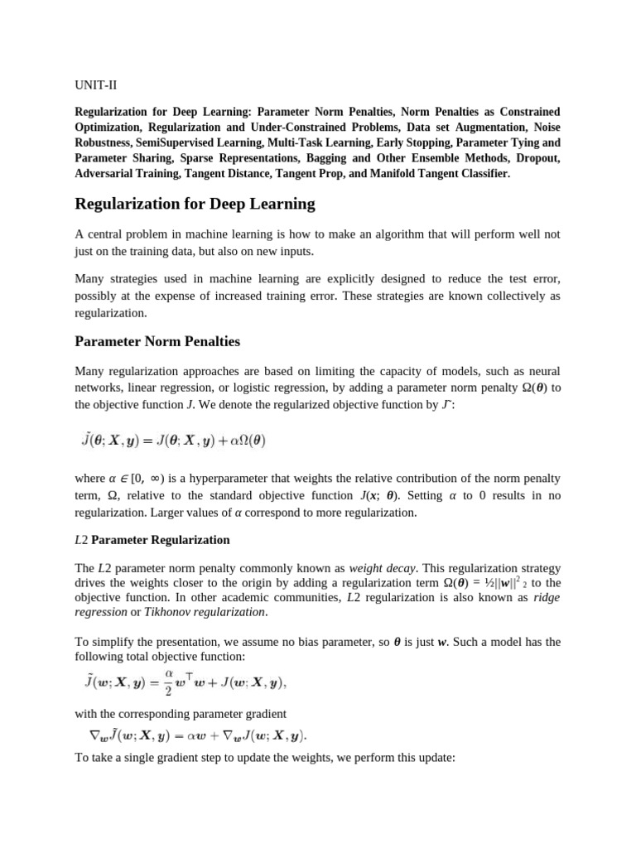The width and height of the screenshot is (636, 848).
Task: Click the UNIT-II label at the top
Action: click(x=96, y=84)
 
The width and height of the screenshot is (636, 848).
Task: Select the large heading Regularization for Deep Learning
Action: click(x=195, y=204)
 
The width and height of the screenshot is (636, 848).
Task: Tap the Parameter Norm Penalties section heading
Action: click(x=158, y=341)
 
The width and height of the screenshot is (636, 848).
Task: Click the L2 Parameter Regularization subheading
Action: click(x=152, y=540)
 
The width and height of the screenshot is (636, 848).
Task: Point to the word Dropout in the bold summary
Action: click(x=534, y=157)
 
